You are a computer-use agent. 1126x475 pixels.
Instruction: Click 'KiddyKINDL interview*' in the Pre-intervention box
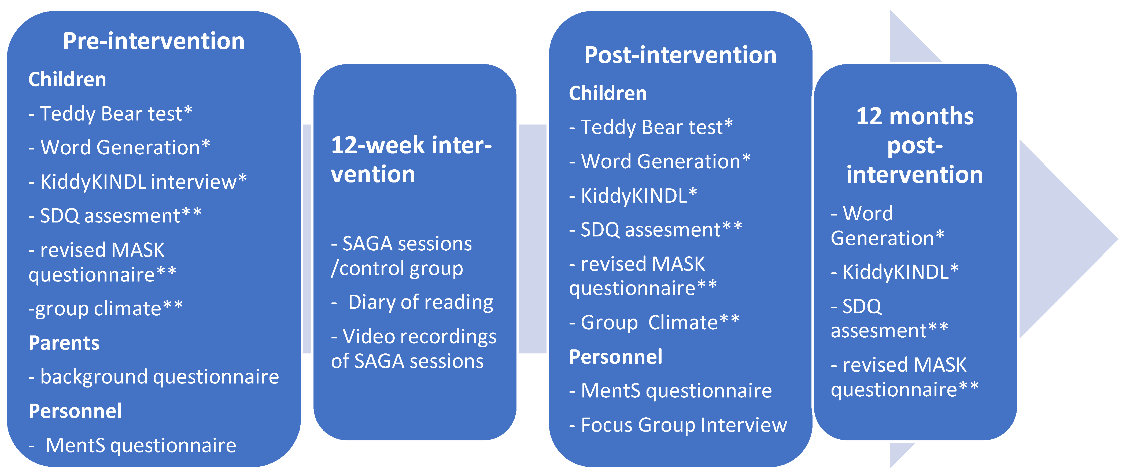click(138, 181)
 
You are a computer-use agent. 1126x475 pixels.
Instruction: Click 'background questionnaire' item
click(154, 377)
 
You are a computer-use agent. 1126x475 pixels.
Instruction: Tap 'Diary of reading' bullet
click(413, 302)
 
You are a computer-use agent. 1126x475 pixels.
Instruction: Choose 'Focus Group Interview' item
click(678, 425)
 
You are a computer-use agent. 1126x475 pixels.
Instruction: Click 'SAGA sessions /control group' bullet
click(401, 256)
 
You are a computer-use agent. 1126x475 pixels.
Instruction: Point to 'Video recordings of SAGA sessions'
click(413, 349)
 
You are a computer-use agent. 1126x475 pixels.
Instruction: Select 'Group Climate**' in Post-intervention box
click(654, 323)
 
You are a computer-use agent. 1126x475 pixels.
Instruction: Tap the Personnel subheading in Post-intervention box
click(615, 357)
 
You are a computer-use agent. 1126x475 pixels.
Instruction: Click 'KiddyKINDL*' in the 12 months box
click(895, 272)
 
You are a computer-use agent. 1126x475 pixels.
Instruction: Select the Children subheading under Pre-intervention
click(67, 79)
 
